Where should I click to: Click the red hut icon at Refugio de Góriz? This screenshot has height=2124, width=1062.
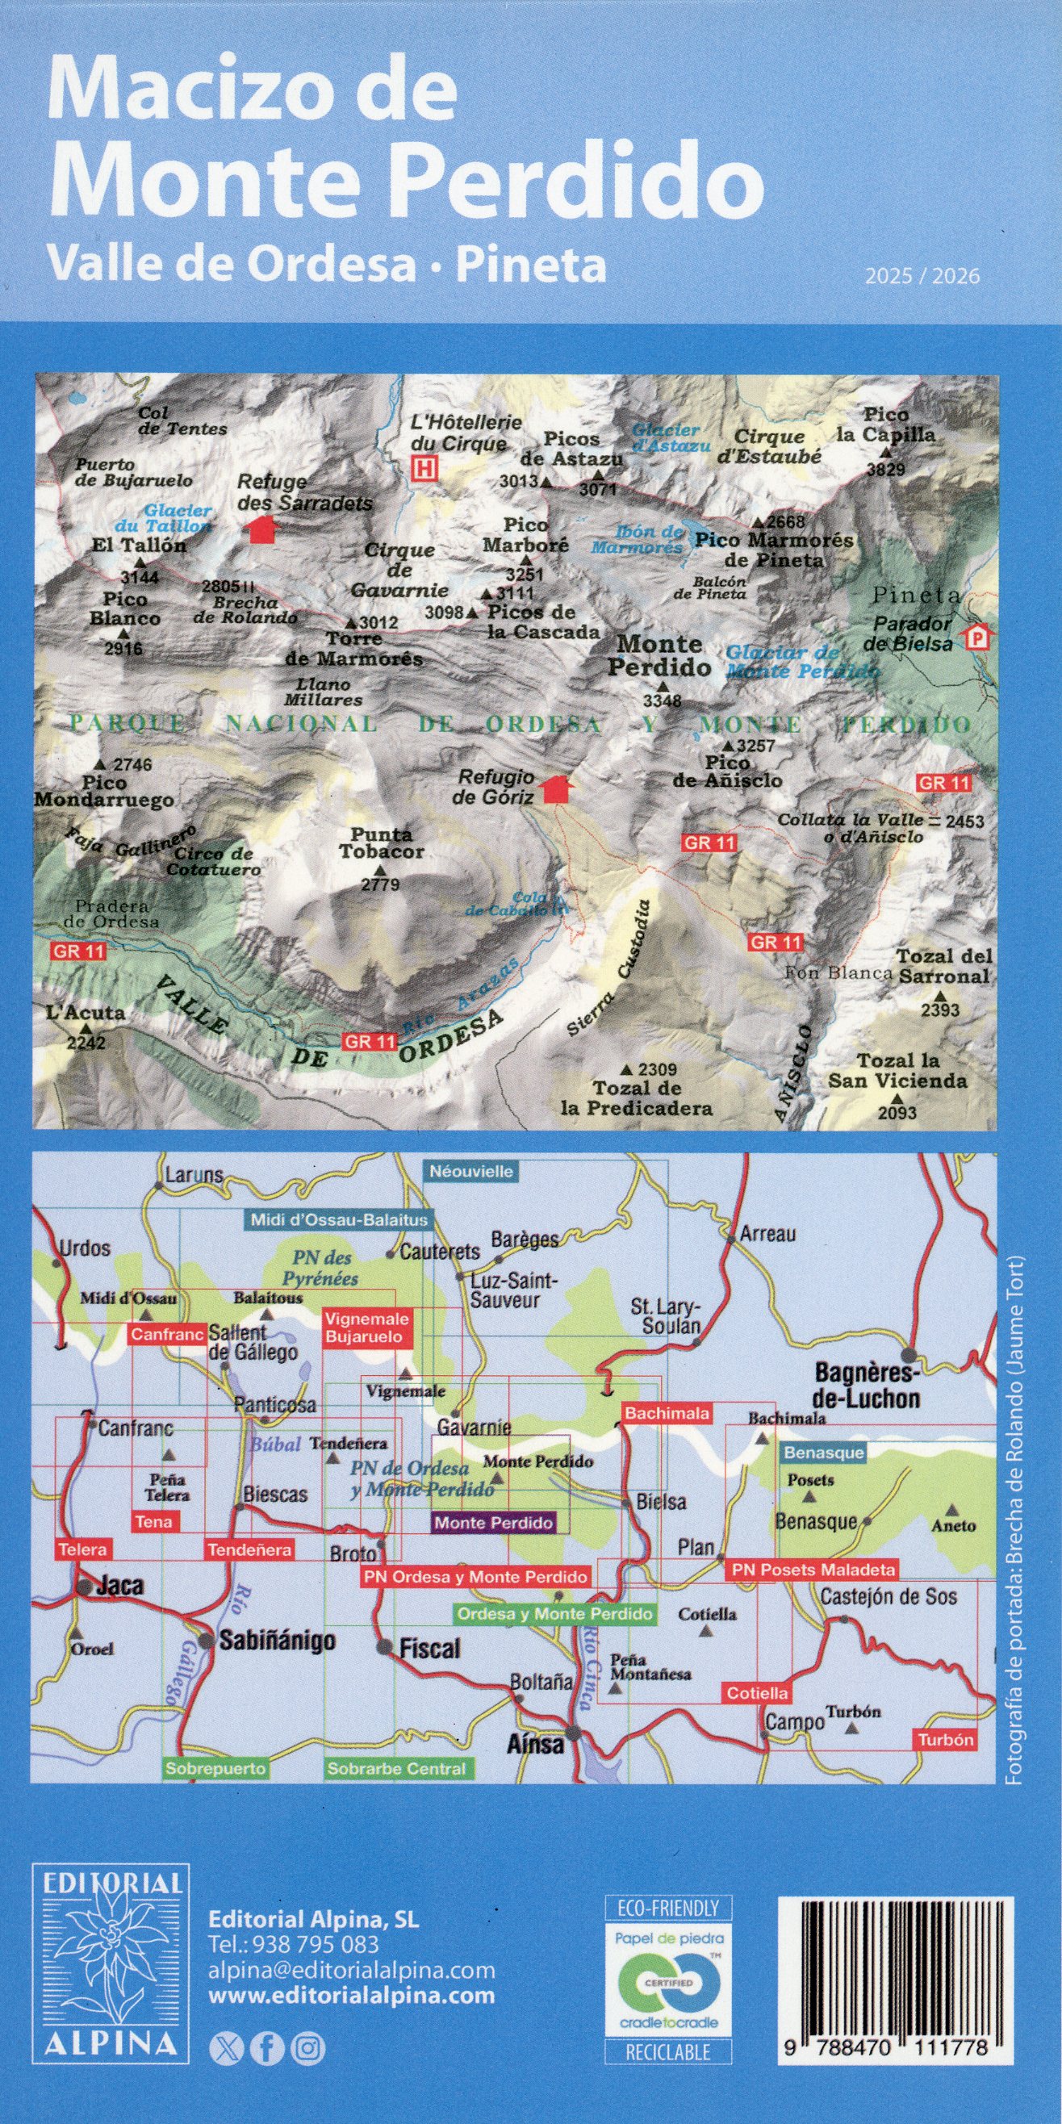pyautogui.click(x=559, y=788)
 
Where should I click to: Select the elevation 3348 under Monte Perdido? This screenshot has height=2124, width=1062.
pyautogui.click(x=662, y=700)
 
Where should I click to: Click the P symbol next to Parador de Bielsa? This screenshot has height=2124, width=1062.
pyautogui.click(x=978, y=638)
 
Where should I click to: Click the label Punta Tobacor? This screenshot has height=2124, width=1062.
pyautogui.click(x=381, y=842)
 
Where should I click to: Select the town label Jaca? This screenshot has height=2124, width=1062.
pyautogui.click(x=120, y=1586)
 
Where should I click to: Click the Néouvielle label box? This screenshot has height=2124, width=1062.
pyautogui.click(x=470, y=1171)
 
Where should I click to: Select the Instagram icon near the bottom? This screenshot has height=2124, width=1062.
pyautogui.click(x=308, y=2049)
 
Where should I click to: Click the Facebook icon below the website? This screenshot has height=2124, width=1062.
pyautogui.click(x=266, y=2049)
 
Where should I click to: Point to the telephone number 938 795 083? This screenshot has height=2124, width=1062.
pyautogui.click(x=294, y=1944)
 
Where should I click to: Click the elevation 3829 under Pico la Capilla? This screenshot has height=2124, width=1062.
pyautogui.click(x=885, y=469)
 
